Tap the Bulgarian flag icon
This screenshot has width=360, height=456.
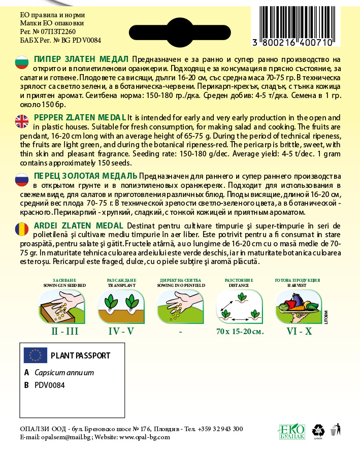point(21,62)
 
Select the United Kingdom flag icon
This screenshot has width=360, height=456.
point(21,120)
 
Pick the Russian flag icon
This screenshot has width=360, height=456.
point(21,179)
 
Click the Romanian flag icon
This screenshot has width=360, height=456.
point(21,229)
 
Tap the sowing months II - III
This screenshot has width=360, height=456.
point(64,332)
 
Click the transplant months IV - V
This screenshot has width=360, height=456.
point(121,332)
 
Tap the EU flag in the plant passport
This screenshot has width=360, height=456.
point(35,355)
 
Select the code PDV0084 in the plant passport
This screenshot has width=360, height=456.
point(50,385)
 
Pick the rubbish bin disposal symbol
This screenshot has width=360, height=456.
point(334,430)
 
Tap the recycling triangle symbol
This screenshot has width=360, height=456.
point(318,430)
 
